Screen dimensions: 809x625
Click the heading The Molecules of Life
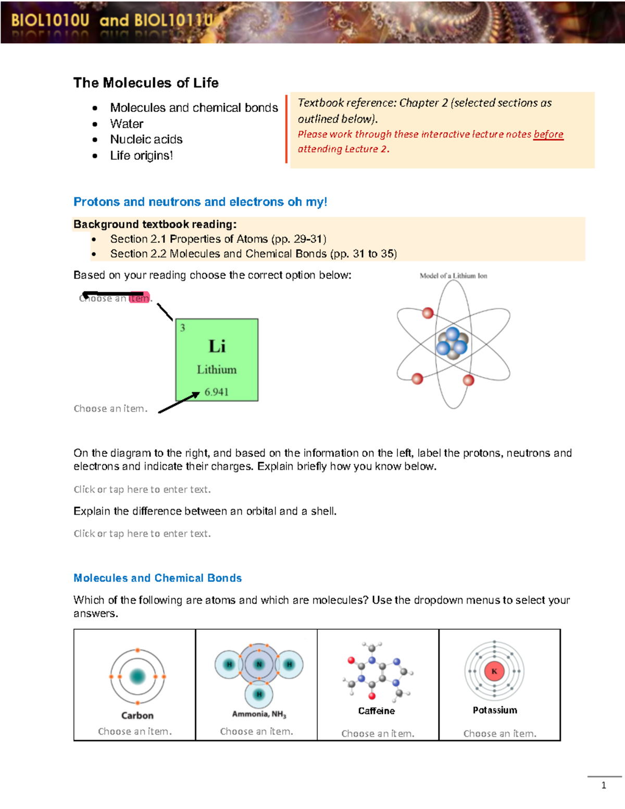click(146, 83)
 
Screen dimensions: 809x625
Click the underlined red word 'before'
click(548, 134)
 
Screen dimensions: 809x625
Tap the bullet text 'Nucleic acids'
click(146, 140)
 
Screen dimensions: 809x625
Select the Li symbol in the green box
click(217, 346)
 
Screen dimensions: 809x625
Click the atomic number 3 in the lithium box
click(183, 328)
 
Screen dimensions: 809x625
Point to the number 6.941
click(217, 392)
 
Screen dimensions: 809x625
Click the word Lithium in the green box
click(217, 369)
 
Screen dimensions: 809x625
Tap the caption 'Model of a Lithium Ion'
click(453, 276)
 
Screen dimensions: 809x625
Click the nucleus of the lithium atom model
click(452, 344)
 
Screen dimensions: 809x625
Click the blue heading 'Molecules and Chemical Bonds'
click(157, 578)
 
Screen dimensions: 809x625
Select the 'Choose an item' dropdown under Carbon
click(135, 731)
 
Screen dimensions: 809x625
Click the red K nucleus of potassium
click(494, 671)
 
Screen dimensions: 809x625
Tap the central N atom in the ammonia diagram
click(259, 664)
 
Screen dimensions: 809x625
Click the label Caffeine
click(376, 711)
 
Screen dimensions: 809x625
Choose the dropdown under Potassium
click(499, 733)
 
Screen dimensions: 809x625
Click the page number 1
click(604, 786)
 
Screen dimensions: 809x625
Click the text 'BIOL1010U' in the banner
click(50, 21)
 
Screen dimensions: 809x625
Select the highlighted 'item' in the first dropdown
click(139, 298)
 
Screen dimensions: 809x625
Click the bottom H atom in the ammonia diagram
click(259, 694)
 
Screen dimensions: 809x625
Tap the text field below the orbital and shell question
click(142, 533)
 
